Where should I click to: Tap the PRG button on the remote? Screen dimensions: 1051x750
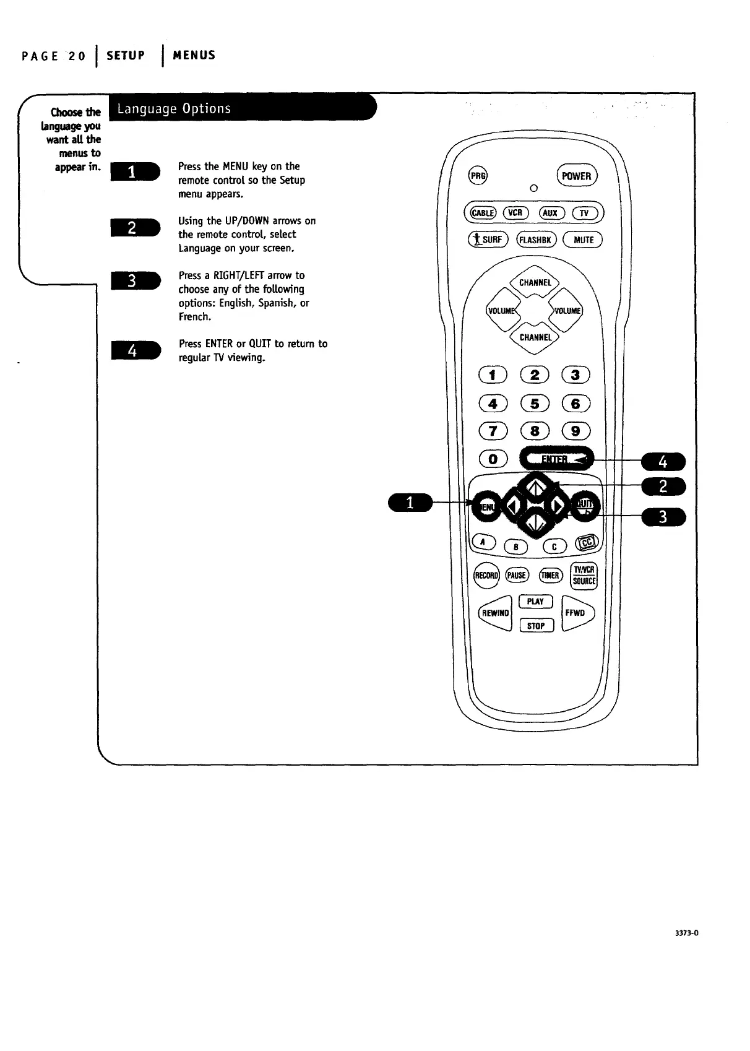[x=477, y=175]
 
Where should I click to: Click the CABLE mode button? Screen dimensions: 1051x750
[x=483, y=213]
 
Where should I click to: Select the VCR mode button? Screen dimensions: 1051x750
[x=515, y=213]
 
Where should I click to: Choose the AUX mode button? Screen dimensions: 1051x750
[x=550, y=213]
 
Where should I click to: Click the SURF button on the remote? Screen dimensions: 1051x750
[x=488, y=240]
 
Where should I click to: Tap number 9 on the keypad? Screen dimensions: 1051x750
[x=575, y=431]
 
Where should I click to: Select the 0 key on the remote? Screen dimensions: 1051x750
[x=493, y=459]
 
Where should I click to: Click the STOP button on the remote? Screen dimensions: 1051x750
[x=536, y=626]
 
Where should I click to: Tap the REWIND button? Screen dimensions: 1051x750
[x=496, y=613]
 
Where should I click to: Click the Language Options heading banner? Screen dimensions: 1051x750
[x=241, y=109]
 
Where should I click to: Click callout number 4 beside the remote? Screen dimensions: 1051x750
[x=663, y=462]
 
